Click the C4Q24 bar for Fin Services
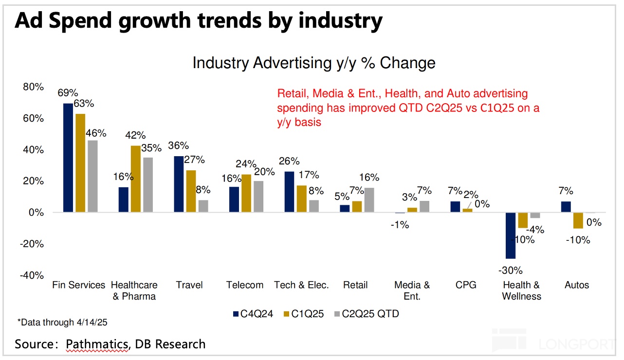point(68,158)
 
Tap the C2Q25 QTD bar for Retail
point(370,200)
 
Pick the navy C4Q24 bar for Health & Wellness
point(511,235)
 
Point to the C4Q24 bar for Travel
point(179,184)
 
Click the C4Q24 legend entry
point(253,314)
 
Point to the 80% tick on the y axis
point(33,87)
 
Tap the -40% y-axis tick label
point(31,275)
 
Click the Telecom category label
point(245,285)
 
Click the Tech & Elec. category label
point(302,285)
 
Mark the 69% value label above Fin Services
point(68,93)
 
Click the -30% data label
point(511,270)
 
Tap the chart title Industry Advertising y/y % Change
point(314,63)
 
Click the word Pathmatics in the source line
point(97,344)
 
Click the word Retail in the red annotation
point(291,93)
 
